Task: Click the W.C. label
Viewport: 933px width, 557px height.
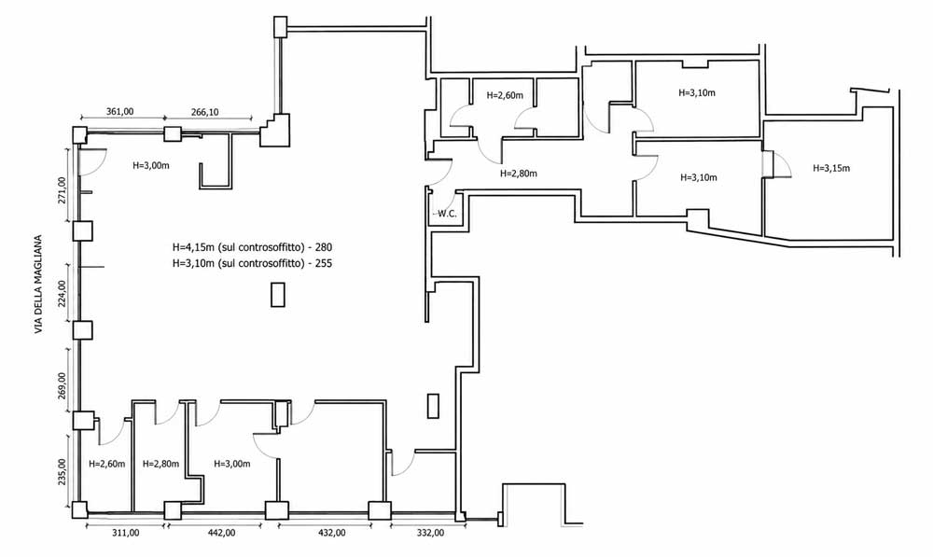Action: [x=448, y=214]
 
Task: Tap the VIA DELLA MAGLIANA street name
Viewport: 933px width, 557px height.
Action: [x=39, y=284]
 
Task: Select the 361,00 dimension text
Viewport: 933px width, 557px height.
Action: [x=119, y=111]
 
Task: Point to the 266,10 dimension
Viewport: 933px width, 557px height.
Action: [x=204, y=112]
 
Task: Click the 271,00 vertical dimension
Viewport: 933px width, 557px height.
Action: [x=62, y=189]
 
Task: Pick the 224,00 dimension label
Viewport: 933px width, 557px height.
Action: [x=62, y=293]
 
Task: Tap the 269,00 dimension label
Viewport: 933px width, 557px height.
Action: [x=62, y=385]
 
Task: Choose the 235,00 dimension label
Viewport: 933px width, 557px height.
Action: [x=62, y=471]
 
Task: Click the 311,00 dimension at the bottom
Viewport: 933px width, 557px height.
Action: [x=126, y=533]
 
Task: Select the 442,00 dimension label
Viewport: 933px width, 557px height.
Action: [x=221, y=533]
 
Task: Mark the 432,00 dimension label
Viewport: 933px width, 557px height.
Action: [x=331, y=533]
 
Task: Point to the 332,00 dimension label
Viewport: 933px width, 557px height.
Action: [x=429, y=533]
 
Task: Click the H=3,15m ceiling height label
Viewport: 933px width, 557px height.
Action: [x=831, y=169]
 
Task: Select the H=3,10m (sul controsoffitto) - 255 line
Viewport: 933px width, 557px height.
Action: [x=252, y=263]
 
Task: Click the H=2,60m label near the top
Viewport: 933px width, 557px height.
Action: [x=505, y=95]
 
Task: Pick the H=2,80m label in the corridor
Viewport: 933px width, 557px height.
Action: [x=518, y=174]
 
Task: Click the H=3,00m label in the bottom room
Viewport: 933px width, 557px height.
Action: [x=231, y=464]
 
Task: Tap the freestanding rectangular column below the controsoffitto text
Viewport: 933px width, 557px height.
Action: [x=278, y=295]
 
